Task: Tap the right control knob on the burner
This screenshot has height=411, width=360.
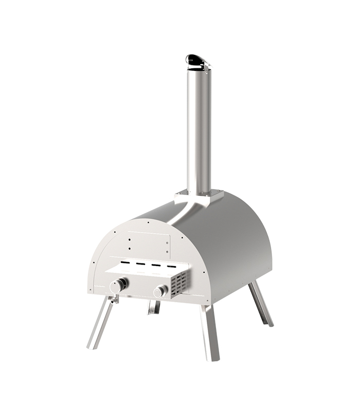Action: click(161, 291)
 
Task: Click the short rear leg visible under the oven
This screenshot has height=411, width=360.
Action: click(153, 307)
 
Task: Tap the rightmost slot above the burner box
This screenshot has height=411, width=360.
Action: click(171, 268)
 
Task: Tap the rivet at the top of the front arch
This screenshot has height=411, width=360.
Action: click(148, 222)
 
